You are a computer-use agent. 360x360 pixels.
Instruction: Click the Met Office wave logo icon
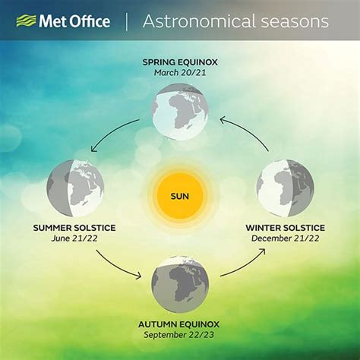pyautogui.click(x=27, y=21)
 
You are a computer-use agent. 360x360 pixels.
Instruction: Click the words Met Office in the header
pyautogui.click(x=74, y=21)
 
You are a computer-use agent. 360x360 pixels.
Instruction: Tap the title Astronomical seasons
pyautogui.click(x=235, y=21)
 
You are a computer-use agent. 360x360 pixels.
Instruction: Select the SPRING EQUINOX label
pyautogui.click(x=180, y=62)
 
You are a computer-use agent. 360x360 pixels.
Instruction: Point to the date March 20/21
pyautogui.click(x=180, y=73)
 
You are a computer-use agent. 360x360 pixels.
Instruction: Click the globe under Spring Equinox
pyautogui.click(x=180, y=112)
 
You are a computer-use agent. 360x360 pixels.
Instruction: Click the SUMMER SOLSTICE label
pyautogui.click(x=74, y=228)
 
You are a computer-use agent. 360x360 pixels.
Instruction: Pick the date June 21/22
pyautogui.click(x=74, y=238)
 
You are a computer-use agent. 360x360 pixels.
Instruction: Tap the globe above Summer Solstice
pyautogui.click(x=75, y=188)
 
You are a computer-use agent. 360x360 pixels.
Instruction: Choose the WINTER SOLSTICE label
pyautogui.click(x=286, y=228)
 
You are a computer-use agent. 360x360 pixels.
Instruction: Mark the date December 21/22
pyautogui.click(x=286, y=238)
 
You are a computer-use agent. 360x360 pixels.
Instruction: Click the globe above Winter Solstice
pyautogui.click(x=286, y=188)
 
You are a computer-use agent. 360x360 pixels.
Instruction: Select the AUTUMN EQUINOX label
pyautogui.click(x=178, y=324)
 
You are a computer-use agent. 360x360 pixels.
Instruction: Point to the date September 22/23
pyautogui.click(x=178, y=335)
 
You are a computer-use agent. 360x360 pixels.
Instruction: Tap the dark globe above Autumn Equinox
pyautogui.click(x=180, y=284)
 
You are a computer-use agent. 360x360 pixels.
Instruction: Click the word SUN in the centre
pyautogui.click(x=180, y=196)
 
